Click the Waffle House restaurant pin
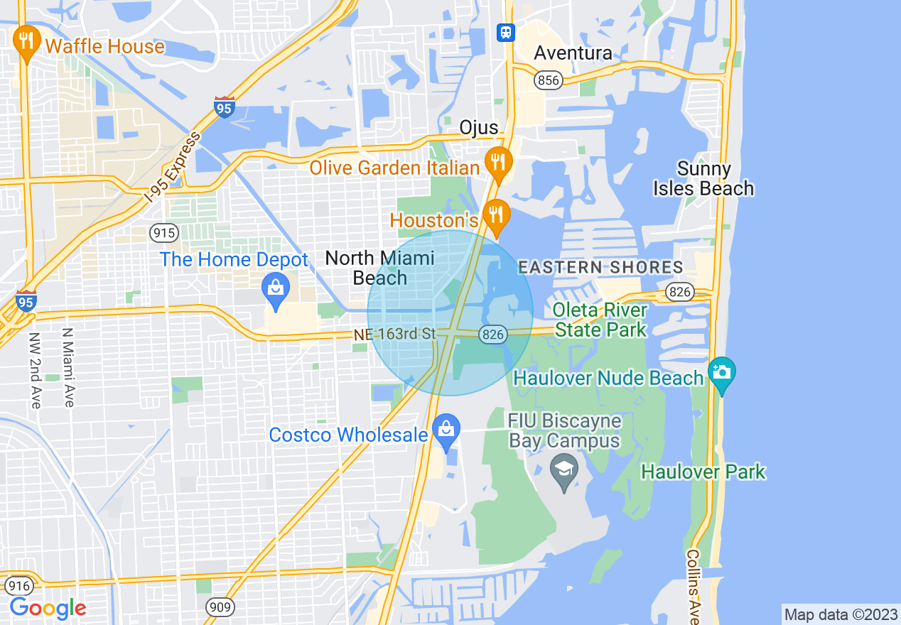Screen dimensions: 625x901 point(27,41)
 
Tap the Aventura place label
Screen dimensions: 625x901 point(573,53)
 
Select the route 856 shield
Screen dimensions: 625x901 point(548,80)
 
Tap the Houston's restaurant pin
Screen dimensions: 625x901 point(496,214)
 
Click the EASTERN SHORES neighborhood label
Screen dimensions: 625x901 point(600,268)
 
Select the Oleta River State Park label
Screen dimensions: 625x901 point(600,320)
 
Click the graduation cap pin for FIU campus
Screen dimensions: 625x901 point(564,471)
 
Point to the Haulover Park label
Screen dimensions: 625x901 point(703,472)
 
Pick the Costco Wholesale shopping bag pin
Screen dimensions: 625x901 point(446,430)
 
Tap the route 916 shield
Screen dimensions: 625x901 point(18,586)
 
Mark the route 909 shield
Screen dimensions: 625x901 point(220,606)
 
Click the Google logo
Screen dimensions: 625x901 point(48,608)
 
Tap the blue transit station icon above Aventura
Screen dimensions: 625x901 point(505,32)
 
